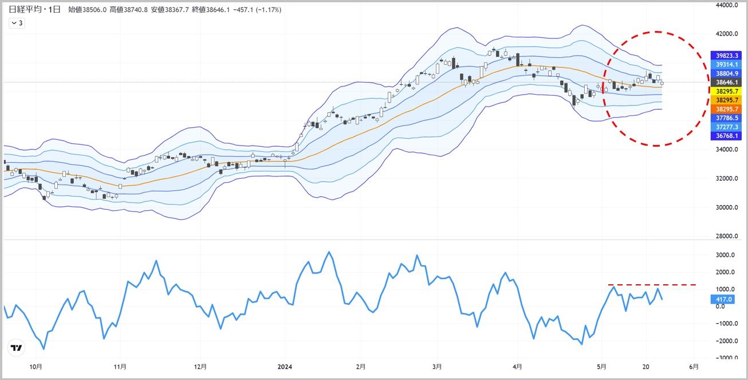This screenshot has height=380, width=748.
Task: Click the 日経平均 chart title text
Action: (x=25, y=10)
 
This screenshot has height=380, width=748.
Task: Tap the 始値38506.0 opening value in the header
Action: (x=88, y=10)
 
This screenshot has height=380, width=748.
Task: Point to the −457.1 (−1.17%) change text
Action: (x=255, y=10)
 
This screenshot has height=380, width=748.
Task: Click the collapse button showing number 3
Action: (x=17, y=23)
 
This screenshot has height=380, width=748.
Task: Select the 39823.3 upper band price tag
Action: (x=726, y=56)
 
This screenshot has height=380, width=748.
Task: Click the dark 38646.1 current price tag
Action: (x=726, y=83)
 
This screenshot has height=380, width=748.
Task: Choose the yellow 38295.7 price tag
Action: (x=726, y=91)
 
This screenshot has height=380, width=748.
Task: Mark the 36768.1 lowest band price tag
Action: (x=726, y=136)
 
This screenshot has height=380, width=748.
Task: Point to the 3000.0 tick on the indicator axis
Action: (x=724, y=255)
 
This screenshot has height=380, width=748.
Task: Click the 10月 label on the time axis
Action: (x=36, y=366)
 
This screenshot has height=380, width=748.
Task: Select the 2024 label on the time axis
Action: (x=285, y=366)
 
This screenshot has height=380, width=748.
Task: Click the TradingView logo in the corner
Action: (x=17, y=347)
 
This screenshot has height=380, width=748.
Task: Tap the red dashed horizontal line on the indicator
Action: (x=653, y=284)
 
